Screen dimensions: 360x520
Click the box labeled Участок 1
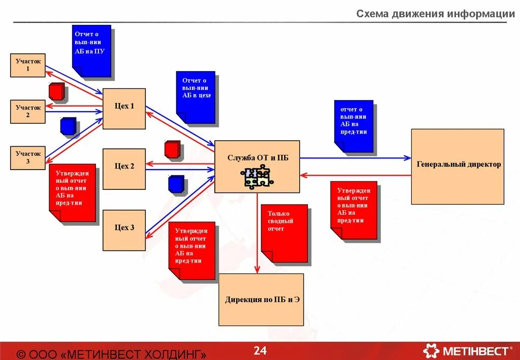(28, 65)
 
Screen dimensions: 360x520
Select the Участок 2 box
(28, 112)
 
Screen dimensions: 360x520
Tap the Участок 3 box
(28, 157)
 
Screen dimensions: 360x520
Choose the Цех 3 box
(124, 230)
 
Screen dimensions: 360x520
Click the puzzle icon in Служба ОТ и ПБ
(257, 178)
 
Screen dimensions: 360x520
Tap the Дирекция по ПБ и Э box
(261, 300)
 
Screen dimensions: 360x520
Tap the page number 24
(260, 350)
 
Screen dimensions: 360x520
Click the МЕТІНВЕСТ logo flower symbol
(432, 351)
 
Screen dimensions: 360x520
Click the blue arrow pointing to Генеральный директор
(355, 158)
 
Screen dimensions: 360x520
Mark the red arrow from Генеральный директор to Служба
(355, 175)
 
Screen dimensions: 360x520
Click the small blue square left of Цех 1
(68, 126)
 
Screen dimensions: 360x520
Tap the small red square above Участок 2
(57, 91)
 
